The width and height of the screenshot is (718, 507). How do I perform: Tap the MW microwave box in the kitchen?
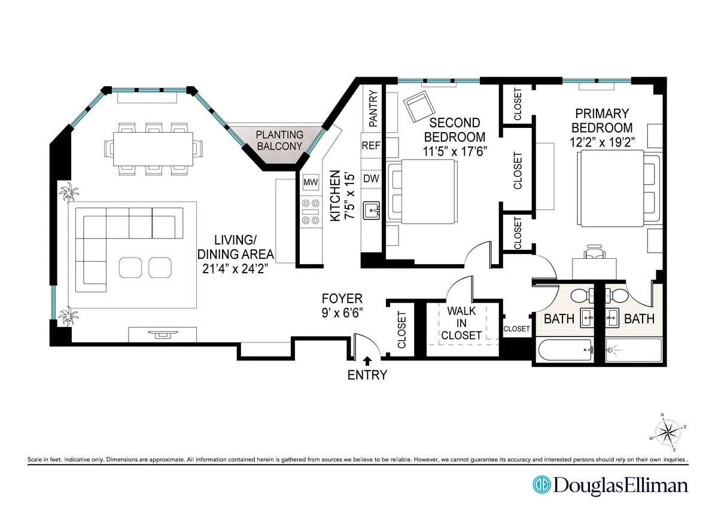click(311, 182)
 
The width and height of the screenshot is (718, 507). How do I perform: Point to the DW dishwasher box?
click(371, 178)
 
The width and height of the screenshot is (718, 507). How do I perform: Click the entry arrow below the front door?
click(367, 360)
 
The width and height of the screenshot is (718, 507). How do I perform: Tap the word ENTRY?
click(367, 375)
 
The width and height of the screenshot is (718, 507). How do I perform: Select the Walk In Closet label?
click(461, 323)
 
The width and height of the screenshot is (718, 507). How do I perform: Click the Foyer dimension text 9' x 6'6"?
click(342, 311)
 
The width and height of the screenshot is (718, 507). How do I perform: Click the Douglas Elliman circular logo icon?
click(541, 484)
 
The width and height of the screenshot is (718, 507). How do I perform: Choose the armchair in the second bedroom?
click(416, 108)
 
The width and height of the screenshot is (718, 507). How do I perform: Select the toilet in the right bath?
click(616, 295)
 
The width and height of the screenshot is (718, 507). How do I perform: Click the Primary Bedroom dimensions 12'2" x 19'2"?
click(601, 142)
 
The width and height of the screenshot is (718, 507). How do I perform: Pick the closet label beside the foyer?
click(401, 329)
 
